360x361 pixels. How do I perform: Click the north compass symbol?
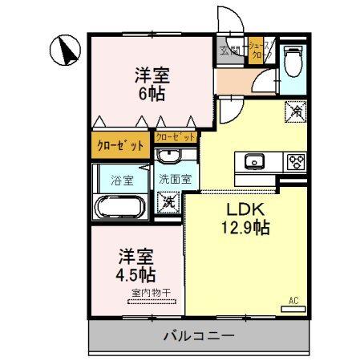point(65,51)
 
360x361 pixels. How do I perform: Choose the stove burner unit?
point(294,160)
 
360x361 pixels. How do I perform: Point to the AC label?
point(293,302)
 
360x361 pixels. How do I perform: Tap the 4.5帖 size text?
point(137,274)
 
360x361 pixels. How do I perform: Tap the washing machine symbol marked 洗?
point(168,201)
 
